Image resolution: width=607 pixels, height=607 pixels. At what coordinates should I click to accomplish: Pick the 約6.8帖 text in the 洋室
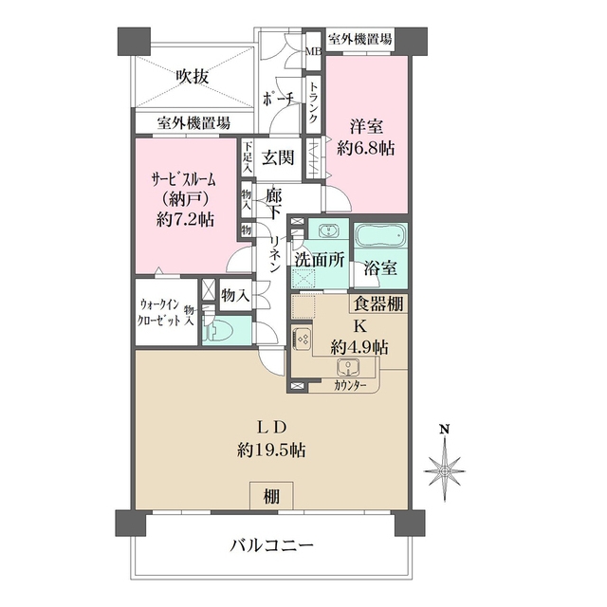coord(367,149)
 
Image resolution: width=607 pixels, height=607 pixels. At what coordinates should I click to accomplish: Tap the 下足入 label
coord(247,156)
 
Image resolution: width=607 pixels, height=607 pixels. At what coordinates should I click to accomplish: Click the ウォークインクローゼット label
coord(158,312)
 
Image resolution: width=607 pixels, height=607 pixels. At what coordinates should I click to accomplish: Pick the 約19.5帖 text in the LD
coord(270,451)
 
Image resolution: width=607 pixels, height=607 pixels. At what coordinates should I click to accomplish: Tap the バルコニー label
coord(271,546)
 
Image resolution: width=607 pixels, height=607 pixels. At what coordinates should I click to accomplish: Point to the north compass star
coord(443,468)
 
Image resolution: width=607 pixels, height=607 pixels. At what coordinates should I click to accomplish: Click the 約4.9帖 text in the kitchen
coord(359,347)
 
